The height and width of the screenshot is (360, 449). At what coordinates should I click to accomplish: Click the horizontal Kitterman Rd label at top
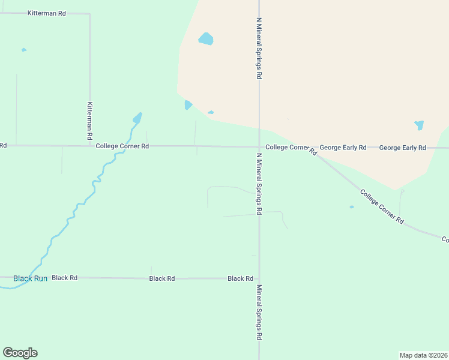tap(47, 13)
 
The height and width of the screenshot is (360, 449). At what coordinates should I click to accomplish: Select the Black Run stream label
tap(30, 278)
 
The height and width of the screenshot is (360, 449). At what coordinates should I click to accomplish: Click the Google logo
tap(20, 353)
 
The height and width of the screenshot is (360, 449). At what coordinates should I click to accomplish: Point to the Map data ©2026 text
tap(423, 355)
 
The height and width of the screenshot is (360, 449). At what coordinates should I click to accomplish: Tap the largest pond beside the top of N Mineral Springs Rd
tap(206, 40)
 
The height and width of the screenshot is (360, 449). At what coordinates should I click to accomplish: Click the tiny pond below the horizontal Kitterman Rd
tap(24, 50)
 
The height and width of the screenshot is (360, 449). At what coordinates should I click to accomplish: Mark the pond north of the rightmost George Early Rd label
tap(419, 125)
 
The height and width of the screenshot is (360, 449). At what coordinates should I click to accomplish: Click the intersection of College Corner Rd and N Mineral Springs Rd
tap(259, 147)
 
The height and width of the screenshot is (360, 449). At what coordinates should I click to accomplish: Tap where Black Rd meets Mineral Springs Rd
tap(259, 278)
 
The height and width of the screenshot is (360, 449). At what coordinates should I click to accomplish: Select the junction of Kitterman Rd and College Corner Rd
tap(90, 146)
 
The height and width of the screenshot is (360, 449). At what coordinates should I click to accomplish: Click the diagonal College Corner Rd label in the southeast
tap(382, 206)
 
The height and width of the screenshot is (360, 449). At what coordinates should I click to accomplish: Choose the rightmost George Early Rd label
tap(402, 148)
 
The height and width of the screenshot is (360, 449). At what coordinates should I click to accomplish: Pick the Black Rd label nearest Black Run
tap(65, 278)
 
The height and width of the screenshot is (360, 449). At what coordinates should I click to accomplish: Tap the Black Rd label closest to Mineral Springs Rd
tap(240, 278)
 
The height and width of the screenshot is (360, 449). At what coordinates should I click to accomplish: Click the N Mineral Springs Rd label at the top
tap(259, 48)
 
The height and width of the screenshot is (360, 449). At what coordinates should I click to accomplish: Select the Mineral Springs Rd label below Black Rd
tap(259, 313)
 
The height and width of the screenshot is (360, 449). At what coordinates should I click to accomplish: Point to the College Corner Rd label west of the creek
tap(122, 146)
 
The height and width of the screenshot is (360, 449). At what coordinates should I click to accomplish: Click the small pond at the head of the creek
tap(137, 118)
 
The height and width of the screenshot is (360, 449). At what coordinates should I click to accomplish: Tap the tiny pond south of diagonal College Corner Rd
tap(352, 207)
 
